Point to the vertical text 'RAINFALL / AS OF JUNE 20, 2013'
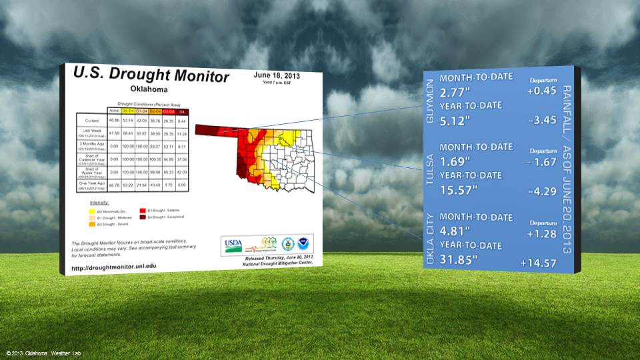tap(567, 169)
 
